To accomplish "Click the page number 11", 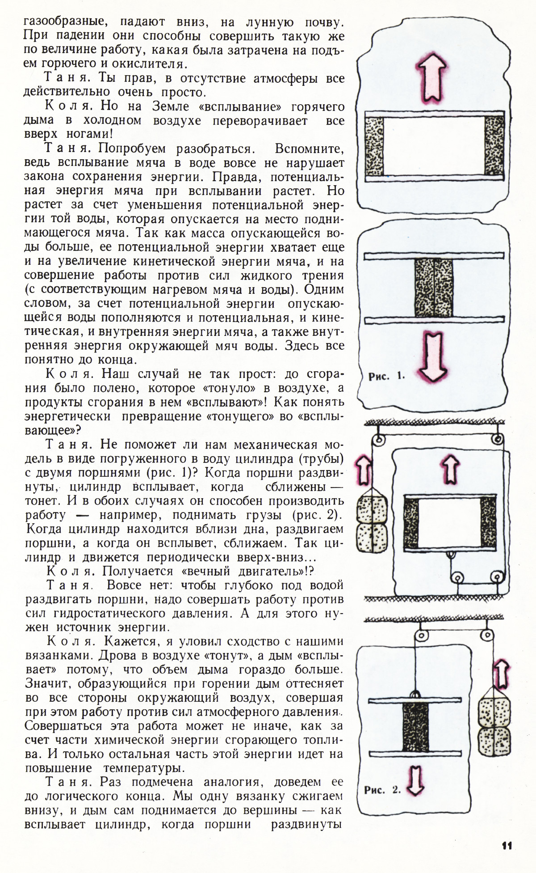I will pyautogui.click(x=507, y=846).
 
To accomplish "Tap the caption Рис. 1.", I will pyautogui.click(x=386, y=377).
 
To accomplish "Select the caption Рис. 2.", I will pyautogui.click(x=382, y=790).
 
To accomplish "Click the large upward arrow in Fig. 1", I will pyautogui.click(x=432, y=76).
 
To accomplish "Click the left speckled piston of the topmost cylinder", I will pyautogui.click(x=374, y=146).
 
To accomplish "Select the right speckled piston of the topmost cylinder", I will pyautogui.click(x=494, y=146).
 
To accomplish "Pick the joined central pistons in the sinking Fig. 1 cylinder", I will pyautogui.click(x=433, y=288).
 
